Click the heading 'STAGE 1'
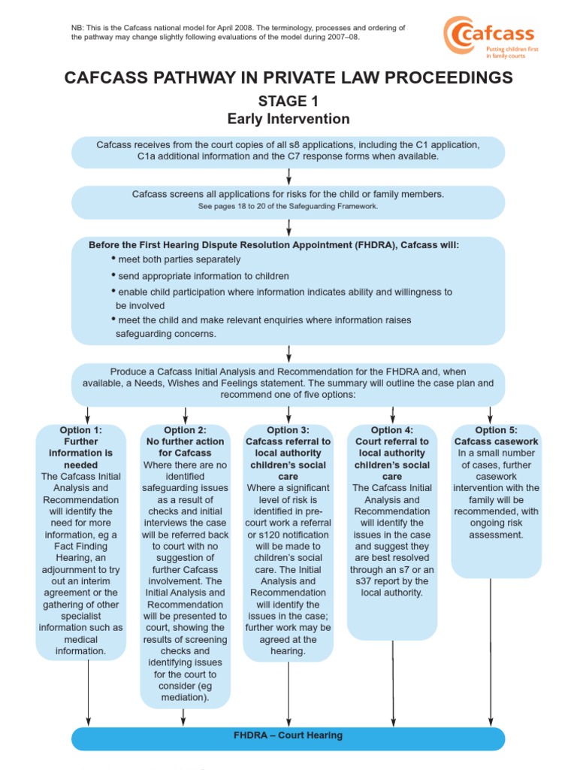288,102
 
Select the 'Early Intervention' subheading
288,119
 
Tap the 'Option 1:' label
81,430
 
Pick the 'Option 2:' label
185,430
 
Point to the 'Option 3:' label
288,430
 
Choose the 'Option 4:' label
392,430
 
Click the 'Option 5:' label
496,430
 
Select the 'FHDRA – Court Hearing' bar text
288,735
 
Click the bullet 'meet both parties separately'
180,259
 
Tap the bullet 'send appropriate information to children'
204,276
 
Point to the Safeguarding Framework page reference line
288,206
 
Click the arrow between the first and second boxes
288,177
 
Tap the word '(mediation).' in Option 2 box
185,698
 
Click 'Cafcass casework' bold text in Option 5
496,441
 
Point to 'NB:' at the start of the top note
78,28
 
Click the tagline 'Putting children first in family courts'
513,52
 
